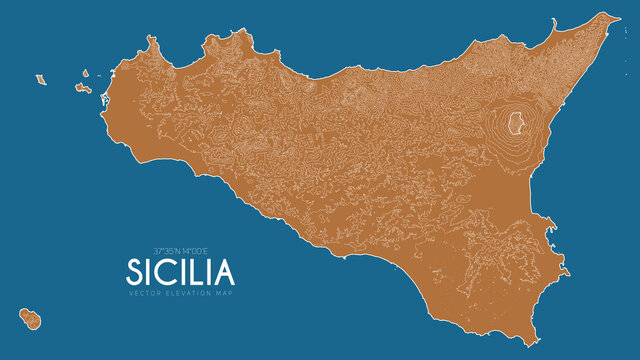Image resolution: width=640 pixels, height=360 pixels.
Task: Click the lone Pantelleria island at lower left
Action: [x=32, y=318]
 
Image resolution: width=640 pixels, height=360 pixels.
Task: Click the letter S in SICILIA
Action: [x=137, y=271]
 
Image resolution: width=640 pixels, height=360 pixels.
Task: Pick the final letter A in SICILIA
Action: [x=225, y=271]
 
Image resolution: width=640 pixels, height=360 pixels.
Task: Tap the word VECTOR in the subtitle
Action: [x=144, y=292]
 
